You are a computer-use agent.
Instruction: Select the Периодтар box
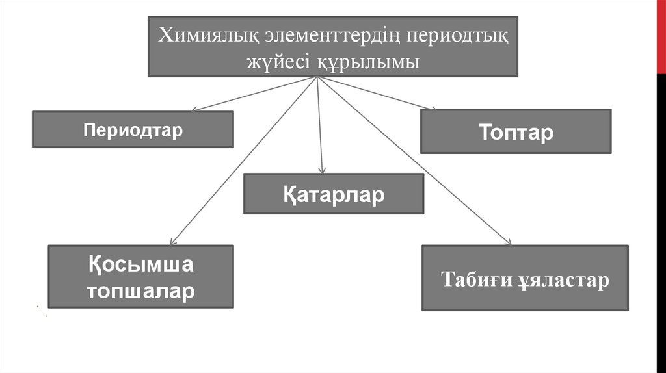133,129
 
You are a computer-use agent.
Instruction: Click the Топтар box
516,132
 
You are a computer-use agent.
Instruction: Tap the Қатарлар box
334,194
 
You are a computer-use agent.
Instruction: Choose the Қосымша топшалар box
141,276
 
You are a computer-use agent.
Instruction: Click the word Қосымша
141,265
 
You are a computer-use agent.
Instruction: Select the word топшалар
141,290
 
